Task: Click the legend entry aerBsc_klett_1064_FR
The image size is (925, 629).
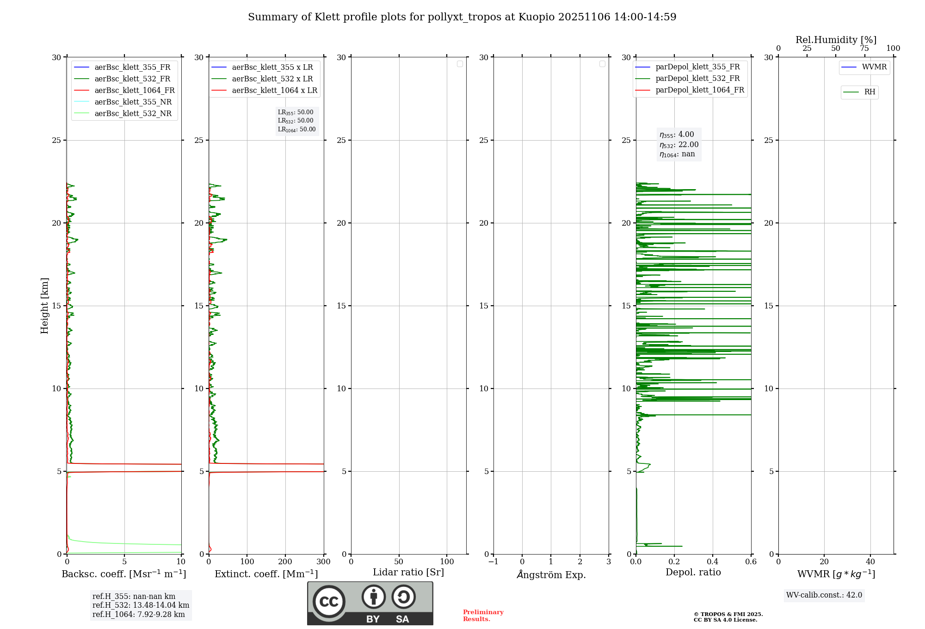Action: click(134, 91)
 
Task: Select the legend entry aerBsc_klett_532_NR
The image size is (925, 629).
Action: click(133, 114)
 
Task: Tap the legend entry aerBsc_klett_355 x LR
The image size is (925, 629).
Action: click(272, 68)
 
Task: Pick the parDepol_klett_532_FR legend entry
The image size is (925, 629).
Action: click(697, 79)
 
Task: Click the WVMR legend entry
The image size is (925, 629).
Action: click(874, 68)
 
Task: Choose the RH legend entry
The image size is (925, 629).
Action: click(869, 92)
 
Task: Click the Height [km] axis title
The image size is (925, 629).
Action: click(44, 306)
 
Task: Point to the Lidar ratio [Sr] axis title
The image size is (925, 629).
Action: click(408, 573)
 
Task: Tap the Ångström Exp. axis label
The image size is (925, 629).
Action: click(551, 574)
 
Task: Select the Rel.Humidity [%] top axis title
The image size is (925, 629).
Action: click(836, 40)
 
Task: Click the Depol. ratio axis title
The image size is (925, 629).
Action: click(693, 573)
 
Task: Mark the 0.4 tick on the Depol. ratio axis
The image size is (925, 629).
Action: click(713, 562)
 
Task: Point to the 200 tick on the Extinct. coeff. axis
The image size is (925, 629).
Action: click(285, 562)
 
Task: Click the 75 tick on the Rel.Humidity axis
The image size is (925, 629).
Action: click(864, 49)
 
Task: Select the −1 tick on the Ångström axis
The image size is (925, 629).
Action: click(493, 562)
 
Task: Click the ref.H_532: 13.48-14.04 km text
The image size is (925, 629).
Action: click(141, 605)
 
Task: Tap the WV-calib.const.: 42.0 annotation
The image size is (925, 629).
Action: click(824, 595)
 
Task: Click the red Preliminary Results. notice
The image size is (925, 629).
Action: click(483, 616)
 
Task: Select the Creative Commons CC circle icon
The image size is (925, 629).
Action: click(329, 602)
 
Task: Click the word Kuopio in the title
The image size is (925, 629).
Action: click(536, 17)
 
